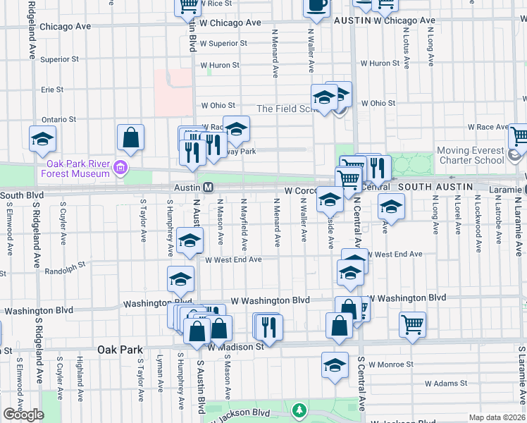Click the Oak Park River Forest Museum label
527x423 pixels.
click(73, 168)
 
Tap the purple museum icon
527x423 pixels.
click(120, 168)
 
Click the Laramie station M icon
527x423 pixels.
click(524, 190)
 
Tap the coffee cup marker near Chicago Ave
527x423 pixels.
click(316, 6)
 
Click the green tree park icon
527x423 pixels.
click(300, 409)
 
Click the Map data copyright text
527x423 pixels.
click(497, 417)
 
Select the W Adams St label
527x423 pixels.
click(446, 384)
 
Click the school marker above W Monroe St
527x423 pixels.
click(335, 365)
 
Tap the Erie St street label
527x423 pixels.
click(52, 90)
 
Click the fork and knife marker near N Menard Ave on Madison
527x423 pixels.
click(268, 326)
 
